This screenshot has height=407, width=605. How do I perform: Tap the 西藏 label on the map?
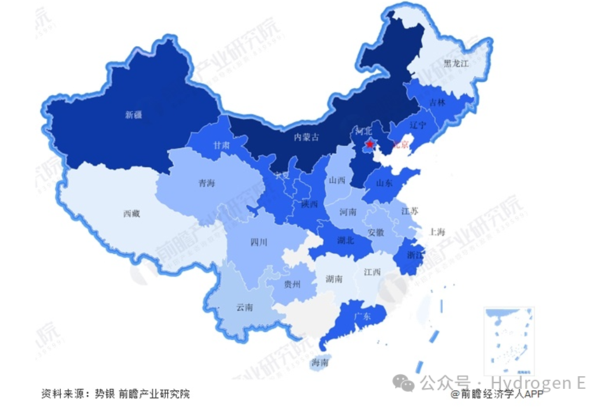point(131,214)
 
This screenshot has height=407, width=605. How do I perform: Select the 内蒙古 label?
point(306,138)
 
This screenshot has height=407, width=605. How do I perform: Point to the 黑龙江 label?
point(457,62)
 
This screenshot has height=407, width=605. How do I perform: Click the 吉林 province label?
point(437,102)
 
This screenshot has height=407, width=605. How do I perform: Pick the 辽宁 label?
point(418,126)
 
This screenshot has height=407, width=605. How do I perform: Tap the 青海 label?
point(206,183)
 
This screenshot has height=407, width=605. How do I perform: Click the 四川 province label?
point(259,243)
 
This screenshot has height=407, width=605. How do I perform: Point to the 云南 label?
point(244,307)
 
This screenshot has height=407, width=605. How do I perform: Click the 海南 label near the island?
point(320,362)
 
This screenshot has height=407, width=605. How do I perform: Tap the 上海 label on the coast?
point(438,231)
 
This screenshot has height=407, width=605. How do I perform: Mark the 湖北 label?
point(345,241)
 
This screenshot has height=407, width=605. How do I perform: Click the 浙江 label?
point(415,256)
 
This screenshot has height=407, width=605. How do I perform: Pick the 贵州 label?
point(292,285)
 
